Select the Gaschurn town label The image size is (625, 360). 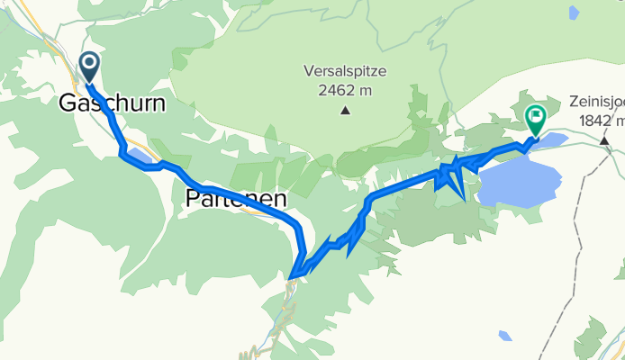[113, 103]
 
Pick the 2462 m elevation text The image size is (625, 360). [345, 91]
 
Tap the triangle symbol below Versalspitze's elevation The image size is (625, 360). [345, 112]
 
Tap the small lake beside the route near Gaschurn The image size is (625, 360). [140, 158]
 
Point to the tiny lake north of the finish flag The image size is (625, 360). [574, 13]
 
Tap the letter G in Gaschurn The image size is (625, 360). [68, 103]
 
